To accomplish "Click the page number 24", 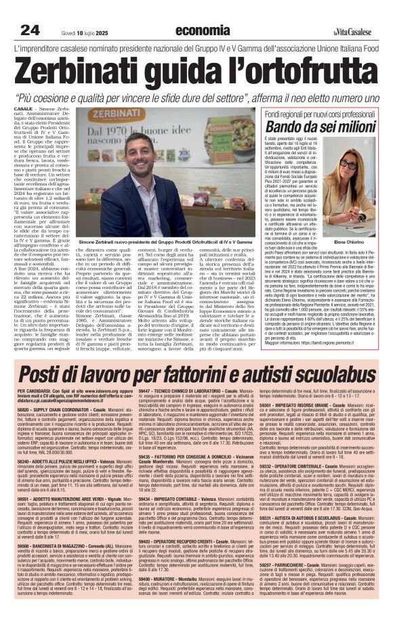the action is coord(29,30).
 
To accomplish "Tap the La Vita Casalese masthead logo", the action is coord(358,32).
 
